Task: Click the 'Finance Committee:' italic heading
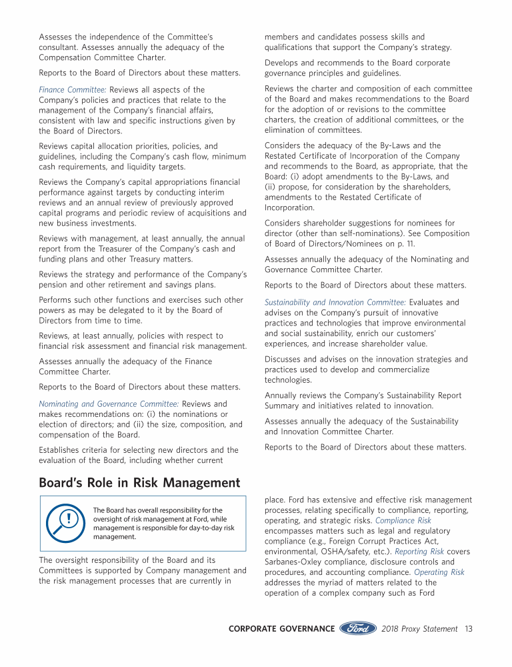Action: (x=73, y=89)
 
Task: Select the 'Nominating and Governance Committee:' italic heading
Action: (x=109, y=404)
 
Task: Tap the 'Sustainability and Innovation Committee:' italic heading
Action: (x=335, y=302)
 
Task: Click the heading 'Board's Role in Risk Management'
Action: (x=139, y=482)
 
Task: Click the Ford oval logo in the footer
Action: (x=359, y=628)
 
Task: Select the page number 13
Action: (x=469, y=628)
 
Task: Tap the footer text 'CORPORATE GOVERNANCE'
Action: (x=281, y=628)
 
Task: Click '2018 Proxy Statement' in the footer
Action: (x=420, y=628)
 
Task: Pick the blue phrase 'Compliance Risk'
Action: (x=403, y=520)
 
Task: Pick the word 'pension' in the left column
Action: (x=53, y=285)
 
